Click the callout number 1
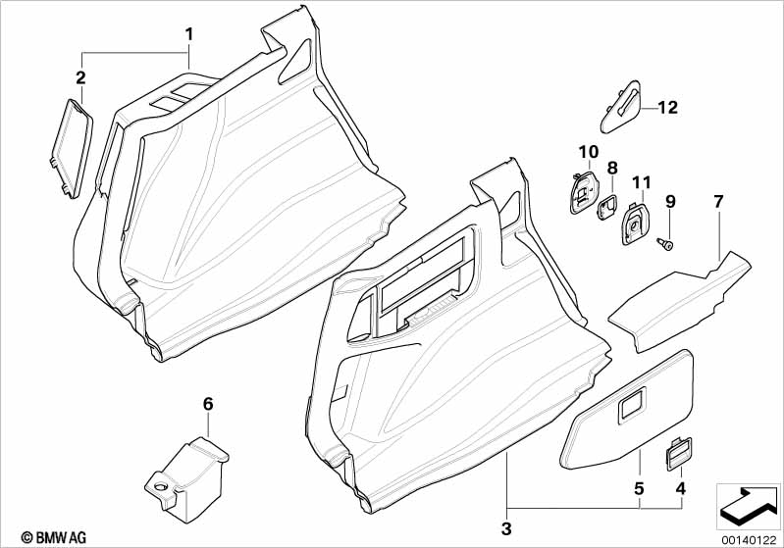point(188,34)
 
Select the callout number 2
point(80,77)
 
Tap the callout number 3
point(506,528)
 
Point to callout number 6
point(208,404)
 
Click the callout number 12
point(667,108)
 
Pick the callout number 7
point(718,202)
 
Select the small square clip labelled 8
point(606,207)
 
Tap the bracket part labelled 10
point(584,192)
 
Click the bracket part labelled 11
point(634,223)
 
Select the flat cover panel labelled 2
point(72,148)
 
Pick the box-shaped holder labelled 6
point(187,479)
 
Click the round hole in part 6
point(161,485)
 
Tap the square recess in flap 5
point(633,405)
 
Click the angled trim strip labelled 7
point(680,302)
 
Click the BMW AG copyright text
point(54,537)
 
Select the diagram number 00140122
point(749,540)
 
